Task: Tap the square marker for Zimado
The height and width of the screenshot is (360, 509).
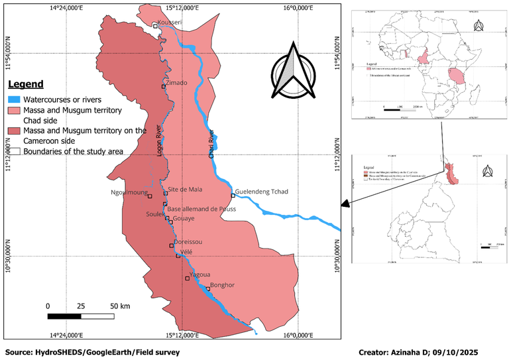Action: click(x=164, y=86)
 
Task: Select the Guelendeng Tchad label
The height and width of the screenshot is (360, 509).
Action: click(x=262, y=191)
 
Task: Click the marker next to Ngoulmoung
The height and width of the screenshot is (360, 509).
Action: click(x=150, y=196)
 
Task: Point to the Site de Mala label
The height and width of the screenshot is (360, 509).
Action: click(x=185, y=189)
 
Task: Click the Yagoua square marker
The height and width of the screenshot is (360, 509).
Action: click(x=187, y=278)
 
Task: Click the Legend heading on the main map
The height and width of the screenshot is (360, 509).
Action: click(x=26, y=84)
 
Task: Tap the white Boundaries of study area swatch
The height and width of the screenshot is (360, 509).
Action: click(x=15, y=151)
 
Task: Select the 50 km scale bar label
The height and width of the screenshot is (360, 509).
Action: click(x=119, y=306)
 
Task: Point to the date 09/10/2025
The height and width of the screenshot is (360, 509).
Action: click(x=457, y=351)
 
